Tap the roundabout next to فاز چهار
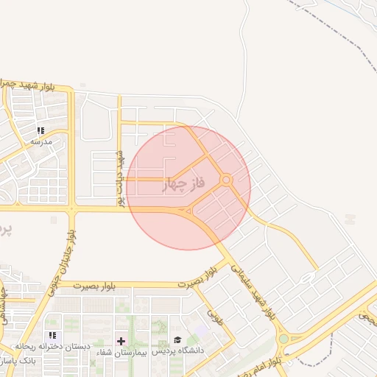(x=227, y=180)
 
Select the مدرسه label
(x=40, y=141)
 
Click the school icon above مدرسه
(x=40, y=130)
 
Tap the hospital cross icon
(x=121, y=341)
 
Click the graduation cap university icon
(x=177, y=340)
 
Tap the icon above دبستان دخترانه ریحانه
(x=53, y=336)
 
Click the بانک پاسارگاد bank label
(x=21, y=362)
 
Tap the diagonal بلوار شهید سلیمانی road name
(x=254, y=290)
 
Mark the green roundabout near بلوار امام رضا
(x=283, y=339)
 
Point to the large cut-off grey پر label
(x=6, y=230)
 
